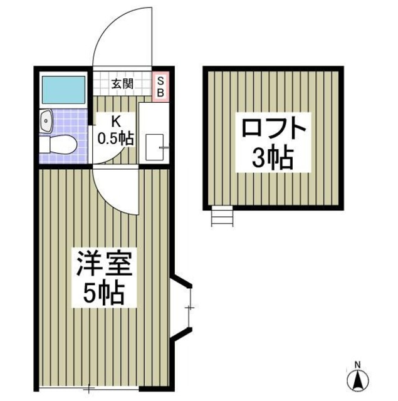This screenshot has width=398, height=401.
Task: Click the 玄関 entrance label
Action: coord(122,84)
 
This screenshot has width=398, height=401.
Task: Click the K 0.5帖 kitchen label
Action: coord(116,130)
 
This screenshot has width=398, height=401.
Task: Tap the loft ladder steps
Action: coord(222,217)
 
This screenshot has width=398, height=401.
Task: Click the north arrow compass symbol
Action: coord(358,380)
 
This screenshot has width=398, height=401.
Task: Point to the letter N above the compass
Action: coord(358,365)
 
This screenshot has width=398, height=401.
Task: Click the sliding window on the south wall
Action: coord(88,389)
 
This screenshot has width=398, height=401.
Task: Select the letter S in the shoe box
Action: coord(160,80)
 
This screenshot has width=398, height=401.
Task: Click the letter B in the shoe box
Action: coord(160,92)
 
